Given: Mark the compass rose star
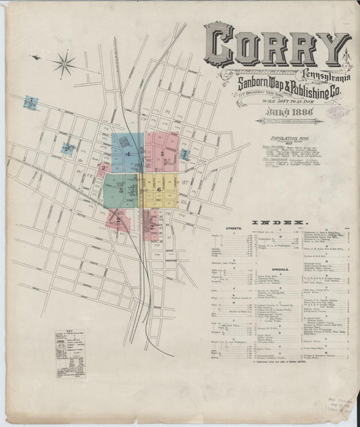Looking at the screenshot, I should click(x=65, y=64).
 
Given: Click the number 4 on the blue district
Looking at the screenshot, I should click(x=126, y=154).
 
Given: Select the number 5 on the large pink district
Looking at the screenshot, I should click(x=163, y=153).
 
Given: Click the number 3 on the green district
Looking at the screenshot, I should click(x=120, y=191).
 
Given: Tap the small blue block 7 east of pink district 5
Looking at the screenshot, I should click(x=184, y=154).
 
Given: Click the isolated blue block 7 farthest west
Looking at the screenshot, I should click(x=30, y=103).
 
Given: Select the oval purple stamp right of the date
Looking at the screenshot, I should click(x=336, y=111).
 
